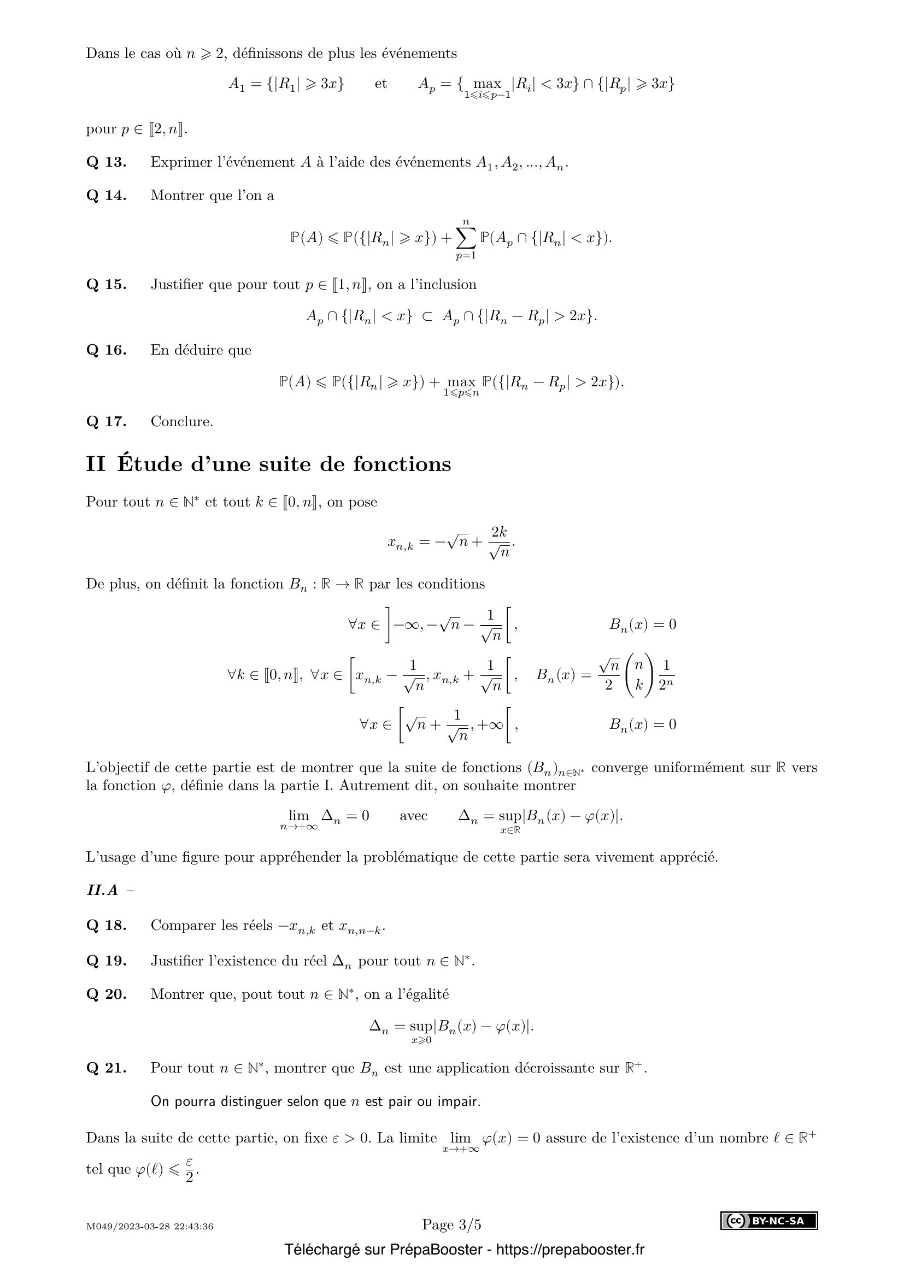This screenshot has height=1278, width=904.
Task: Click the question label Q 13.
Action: click(106, 162)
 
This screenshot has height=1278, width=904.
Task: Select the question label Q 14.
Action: click(106, 196)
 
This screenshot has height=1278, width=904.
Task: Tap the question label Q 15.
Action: click(106, 285)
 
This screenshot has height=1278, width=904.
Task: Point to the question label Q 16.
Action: click(106, 350)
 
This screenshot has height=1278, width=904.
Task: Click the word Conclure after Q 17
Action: click(181, 421)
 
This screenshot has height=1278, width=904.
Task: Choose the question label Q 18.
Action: click(106, 925)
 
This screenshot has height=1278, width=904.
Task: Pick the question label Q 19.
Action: click(106, 961)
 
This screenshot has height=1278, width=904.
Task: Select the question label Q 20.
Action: click(106, 994)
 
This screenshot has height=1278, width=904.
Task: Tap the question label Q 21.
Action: click(106, 1068)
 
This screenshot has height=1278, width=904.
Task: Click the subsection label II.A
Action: click(102, 890)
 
